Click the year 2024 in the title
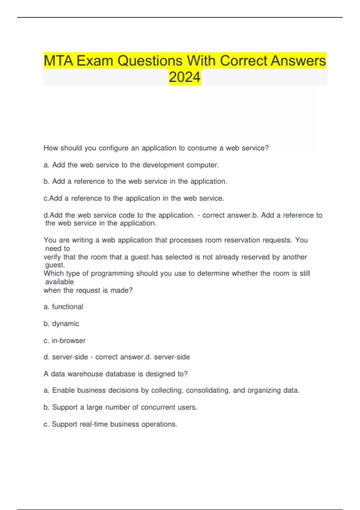coord(184,77)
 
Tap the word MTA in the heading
coord(58,61)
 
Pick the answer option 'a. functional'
coord(63,307)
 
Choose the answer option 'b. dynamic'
coord(61,323)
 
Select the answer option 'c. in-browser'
coord(64,340)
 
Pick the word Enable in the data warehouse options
coord(64,390)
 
